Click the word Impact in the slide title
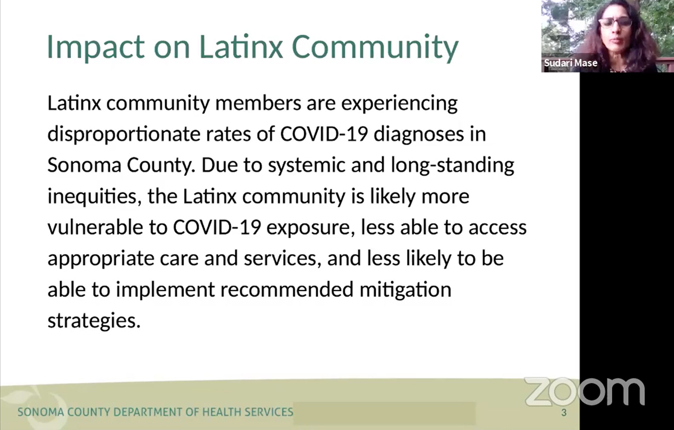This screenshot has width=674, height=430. pos(95,47)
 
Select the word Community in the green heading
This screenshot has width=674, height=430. pos(375,47)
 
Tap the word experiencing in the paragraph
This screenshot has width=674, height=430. pos(399,104)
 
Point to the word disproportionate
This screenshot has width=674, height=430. pos(124,134)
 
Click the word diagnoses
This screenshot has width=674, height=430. pos(418,134)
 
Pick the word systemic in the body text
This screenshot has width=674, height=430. pos(306,166)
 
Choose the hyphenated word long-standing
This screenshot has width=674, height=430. pos(453,166)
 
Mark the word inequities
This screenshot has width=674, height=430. pos(94,197)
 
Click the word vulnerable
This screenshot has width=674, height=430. pos(95,227)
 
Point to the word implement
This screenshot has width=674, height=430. pos(166,290)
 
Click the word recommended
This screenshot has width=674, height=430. pos(287,289)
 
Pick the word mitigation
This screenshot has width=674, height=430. pos(406,290)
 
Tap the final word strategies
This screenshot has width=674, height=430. pos(94,322)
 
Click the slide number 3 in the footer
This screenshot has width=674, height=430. pos(564,412)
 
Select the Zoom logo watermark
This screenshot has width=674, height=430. pos(585,391)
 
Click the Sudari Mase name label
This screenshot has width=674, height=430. pos(571,63)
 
